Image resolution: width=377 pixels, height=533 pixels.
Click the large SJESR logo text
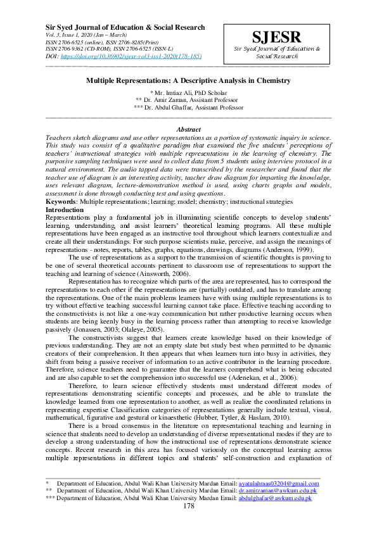[x=276, y=37]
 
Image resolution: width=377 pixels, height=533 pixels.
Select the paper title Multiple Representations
[x=189, y=81]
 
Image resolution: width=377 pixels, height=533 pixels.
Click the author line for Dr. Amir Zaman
[x=189, y=101]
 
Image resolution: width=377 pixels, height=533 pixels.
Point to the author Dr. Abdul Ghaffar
[x=189, y=108]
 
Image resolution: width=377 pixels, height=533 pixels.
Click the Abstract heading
[x=189, y=129]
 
